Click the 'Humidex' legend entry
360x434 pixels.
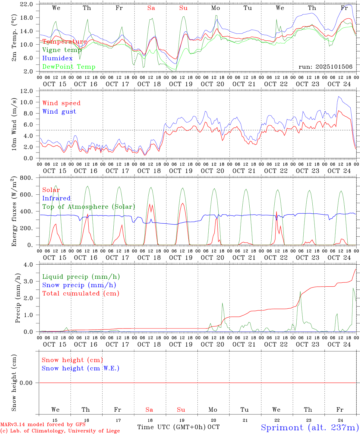pyautogui.click(x=57, y=58)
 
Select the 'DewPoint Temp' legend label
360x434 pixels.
pyautogui.click(x=69, y=67)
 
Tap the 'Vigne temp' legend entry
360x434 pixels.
pyautogui.click(x=62, y=50)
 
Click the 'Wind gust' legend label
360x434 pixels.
pyautogui.click(x=59, y=112)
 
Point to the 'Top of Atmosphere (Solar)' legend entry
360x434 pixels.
pyautogui.click(x=89, y=207)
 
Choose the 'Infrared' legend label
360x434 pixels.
pyautogui.click(x=56, y=198)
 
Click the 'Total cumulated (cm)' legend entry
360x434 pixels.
pyautogui.click(x=81, y=293)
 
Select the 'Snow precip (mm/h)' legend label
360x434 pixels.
pyautogui.click(x=79, y=285)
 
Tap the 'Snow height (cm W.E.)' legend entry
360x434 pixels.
pyautogui.click(x=81, y=368)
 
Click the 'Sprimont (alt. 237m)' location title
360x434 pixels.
pyautogui.click(x=310, y=427)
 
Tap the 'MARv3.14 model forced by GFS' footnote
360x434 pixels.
pyautogui.click(x=43, y=424)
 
